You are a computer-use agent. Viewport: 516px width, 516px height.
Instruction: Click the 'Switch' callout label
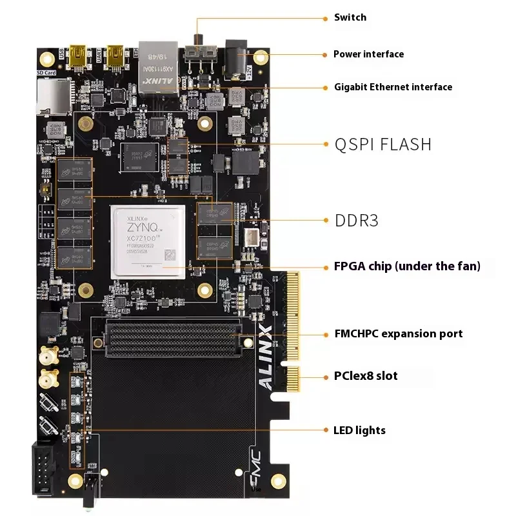coord(350,17)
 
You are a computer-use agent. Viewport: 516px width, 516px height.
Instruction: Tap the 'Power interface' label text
coord(368,54)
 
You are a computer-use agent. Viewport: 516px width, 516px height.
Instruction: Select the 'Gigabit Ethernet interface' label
coord(393,87)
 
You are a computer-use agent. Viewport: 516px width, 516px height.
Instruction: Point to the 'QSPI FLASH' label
coord(383,144)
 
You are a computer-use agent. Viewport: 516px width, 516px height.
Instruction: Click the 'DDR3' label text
coord(357,221)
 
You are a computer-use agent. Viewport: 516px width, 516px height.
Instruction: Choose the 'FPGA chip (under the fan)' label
coord(407,266)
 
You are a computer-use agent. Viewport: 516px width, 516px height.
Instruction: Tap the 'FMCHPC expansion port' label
coord(398,333)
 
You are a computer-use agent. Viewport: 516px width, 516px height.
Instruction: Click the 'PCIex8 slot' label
coord(365,376)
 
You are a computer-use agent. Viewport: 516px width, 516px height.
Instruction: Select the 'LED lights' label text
coord(359,430)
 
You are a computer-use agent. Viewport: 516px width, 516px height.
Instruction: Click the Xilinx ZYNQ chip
coord(148,242)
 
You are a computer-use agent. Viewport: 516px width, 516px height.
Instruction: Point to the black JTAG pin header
coord(44,468)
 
